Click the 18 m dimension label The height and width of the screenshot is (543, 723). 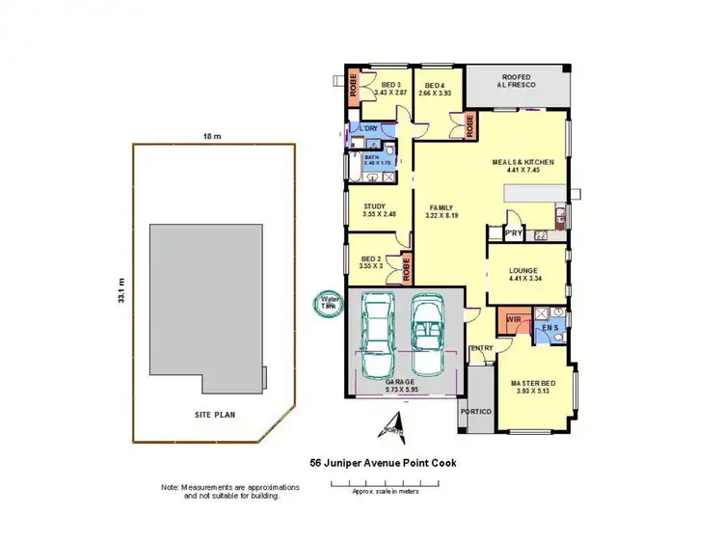pos(213,137)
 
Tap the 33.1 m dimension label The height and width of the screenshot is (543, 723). pos(122,288)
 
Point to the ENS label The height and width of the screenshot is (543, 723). pos(549,328)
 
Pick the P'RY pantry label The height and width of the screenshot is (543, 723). pos(500,231)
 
